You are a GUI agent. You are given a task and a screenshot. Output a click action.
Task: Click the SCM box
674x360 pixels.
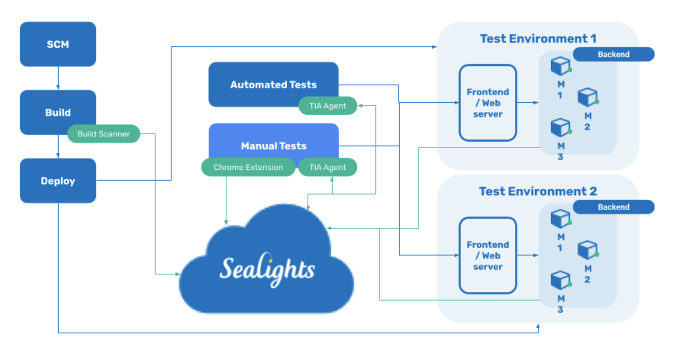coord(57,44)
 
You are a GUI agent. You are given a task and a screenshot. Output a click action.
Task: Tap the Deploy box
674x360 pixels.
coord(57,181)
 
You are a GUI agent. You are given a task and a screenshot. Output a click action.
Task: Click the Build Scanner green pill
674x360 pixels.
coord(103,134)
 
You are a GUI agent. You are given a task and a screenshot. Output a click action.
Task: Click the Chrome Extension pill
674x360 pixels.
coord(248,167)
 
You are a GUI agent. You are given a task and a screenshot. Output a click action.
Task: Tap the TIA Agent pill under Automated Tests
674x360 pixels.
coord(327,106)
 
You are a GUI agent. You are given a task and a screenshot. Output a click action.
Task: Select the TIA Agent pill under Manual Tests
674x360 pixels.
coord(327,167)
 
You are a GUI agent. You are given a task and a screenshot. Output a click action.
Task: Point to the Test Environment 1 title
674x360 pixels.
coord(538,38)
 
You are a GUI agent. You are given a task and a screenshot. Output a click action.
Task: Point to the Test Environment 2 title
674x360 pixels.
coord(538,191)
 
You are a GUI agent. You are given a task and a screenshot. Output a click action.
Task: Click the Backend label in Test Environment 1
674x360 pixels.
coord(613,54)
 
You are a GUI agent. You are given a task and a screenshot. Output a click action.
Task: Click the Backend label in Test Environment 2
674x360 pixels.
coord(613,207)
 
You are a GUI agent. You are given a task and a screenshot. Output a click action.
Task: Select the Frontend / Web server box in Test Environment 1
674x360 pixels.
coord(488,103)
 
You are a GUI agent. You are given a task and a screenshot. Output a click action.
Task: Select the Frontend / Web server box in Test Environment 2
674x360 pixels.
coord(488,256)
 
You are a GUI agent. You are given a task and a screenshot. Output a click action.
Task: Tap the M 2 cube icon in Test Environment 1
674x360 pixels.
coord(587,97)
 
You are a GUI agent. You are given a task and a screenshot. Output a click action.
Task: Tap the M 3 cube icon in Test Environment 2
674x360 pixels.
coord(560,280)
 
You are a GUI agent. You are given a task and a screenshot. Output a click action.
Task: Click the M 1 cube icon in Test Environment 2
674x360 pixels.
coord(560,218)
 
